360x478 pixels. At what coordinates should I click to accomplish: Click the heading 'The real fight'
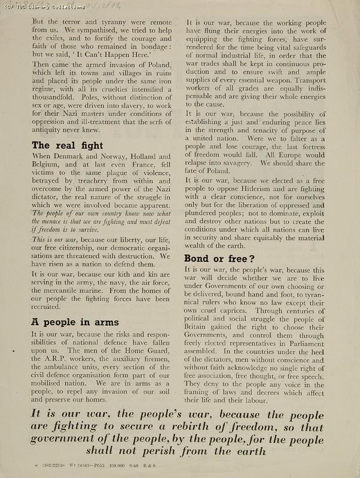(67, 145)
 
